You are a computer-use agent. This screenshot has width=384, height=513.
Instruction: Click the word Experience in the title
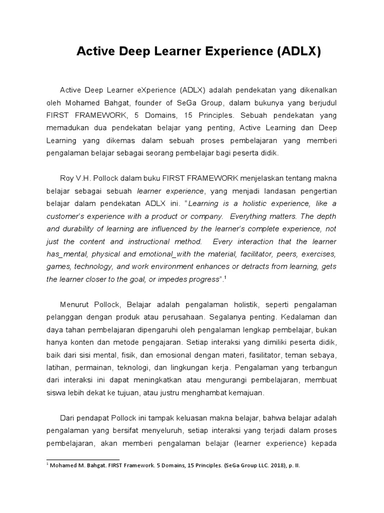coord(238,52)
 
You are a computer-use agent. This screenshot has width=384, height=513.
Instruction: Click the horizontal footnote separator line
coord(83,459)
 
